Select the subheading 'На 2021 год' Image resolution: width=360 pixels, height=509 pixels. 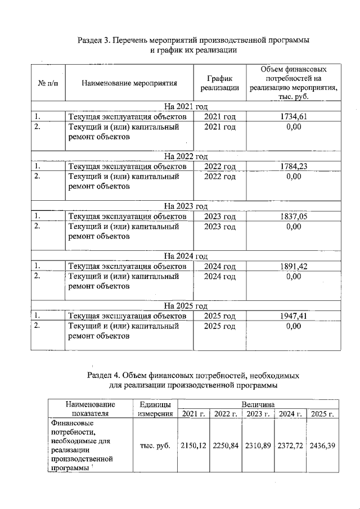point(186,106)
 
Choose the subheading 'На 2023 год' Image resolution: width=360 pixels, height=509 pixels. point(186,206)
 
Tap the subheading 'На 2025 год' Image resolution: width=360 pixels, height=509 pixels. point(186,306)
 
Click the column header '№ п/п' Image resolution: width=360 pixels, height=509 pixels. point(48,83)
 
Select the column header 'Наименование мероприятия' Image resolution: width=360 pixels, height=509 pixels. point(129,83)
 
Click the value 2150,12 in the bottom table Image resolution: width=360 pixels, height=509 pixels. point(194,445)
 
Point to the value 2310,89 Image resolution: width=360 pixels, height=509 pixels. point(259,445)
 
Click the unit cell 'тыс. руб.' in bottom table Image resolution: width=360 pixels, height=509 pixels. point(155,445)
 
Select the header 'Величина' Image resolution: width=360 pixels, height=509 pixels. point(258,404)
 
